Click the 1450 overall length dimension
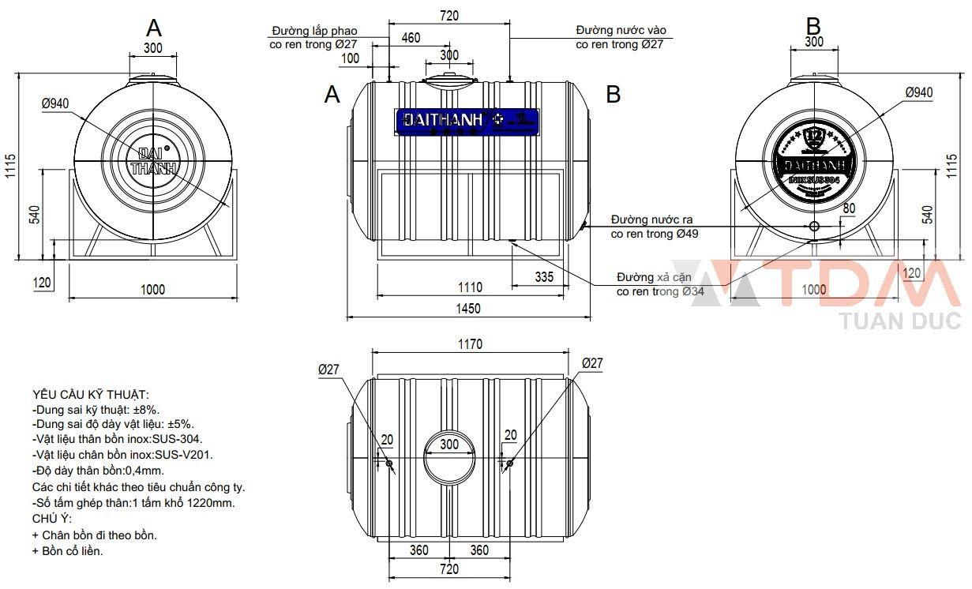click(x=469, y=309)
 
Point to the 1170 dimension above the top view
click(x=469, y=344)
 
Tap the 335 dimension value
click(x=543, y=277)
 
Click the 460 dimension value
click(x=411, y=38)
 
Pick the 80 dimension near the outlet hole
click(x=849, y=208)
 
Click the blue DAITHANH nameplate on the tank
click(x=467, y=120)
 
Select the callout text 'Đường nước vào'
click(x=621, y=30)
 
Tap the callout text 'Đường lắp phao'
click(x=314, y=30)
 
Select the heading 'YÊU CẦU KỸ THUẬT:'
click(x=90, y=394)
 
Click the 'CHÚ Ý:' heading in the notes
click(x=51, y=519)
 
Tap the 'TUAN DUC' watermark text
click(x=901, y=321)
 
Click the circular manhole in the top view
click(x=449, y=456)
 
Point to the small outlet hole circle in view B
click(x=813, y=227)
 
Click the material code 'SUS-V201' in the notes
click(x=189, y=454)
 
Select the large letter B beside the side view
click(x=613, y=95)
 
